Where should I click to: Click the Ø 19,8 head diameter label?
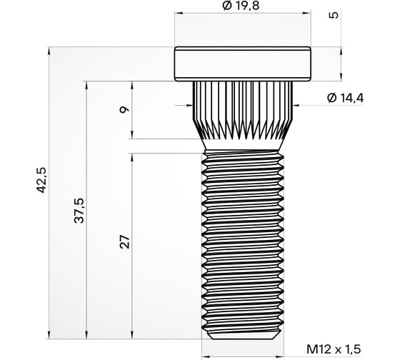pos(244,6)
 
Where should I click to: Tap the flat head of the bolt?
pos(244,64)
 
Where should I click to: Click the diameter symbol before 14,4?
pos(331,98)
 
